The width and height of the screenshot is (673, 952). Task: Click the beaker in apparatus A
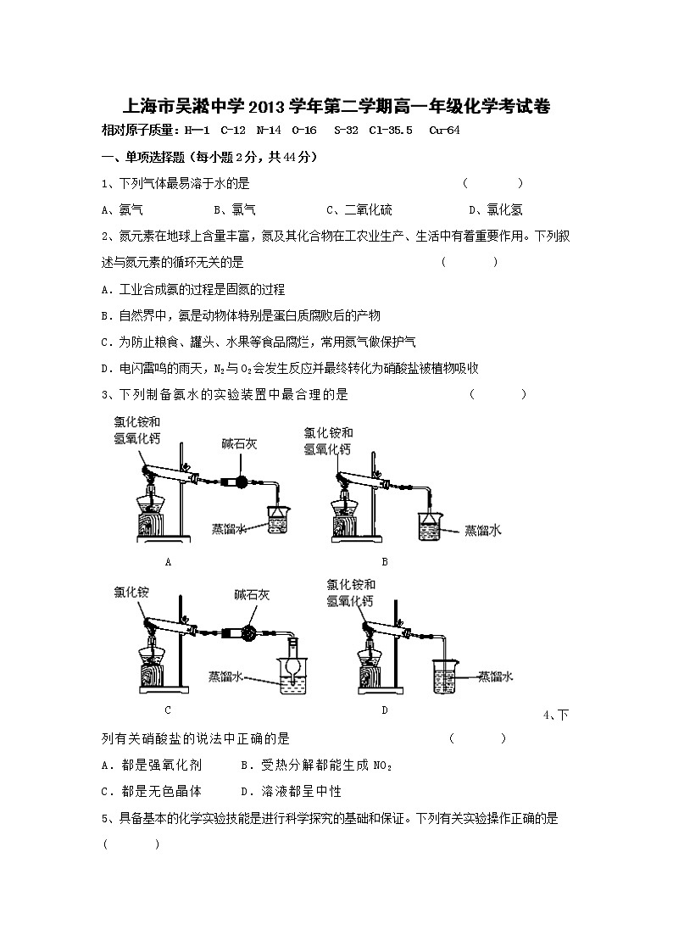[x=279, y=521]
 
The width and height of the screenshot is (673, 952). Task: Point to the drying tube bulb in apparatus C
[x=250, y=632]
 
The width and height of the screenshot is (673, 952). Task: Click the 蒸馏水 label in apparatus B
[x=483, y=530]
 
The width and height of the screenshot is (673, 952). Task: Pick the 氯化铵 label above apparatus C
[x=131, y=593]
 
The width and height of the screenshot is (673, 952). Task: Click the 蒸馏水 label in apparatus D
[x=495, y=676]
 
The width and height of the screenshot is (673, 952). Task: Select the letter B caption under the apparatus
[x=385, y=561]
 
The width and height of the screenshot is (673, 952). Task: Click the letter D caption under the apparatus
[x=384, y=710]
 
